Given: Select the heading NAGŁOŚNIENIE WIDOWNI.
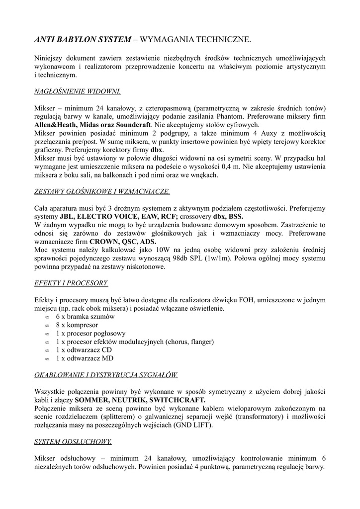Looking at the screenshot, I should tap(77, 92).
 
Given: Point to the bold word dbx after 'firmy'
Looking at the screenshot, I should tap(157, 150).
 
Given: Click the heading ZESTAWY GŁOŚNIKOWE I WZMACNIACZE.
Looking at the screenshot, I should tap(102, 191).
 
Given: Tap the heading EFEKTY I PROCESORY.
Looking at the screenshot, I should tap(71, 283).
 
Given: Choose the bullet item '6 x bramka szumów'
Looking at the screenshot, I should tap(85, 317).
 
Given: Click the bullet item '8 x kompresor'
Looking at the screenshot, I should tap(77, 325).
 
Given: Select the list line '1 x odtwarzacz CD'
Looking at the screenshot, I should tap(84, 349).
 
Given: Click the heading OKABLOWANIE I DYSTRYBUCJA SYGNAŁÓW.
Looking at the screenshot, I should tap(106, 375).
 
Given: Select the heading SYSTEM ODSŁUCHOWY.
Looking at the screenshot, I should tap(73, 441).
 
